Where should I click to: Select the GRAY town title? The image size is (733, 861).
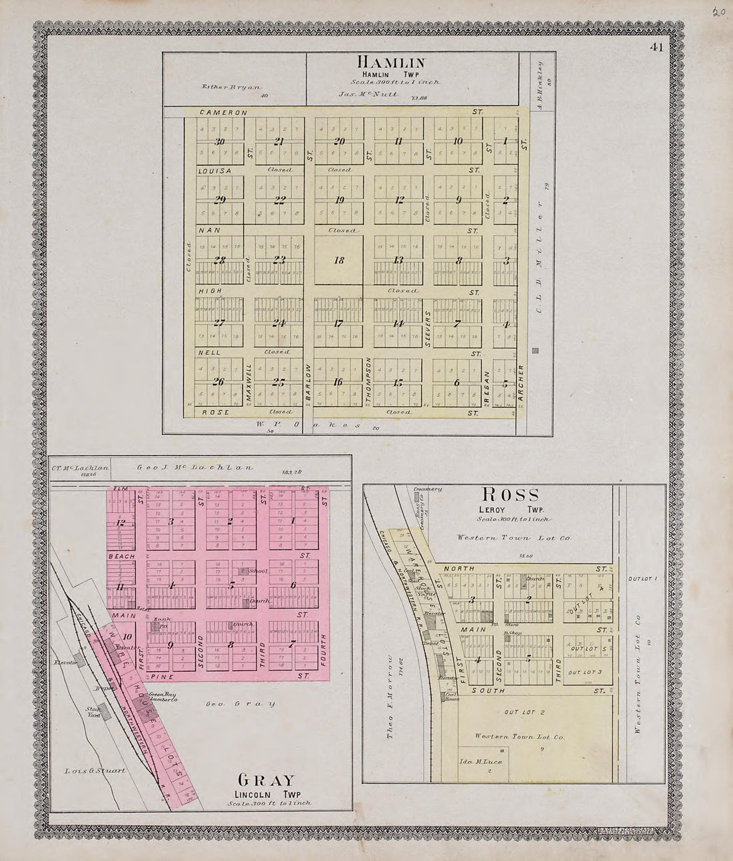265,780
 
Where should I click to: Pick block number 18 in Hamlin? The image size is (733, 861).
339,261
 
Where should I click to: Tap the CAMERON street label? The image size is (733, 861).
223,113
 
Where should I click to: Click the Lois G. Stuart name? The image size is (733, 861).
95,771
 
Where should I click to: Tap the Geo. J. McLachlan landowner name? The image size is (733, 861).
196,467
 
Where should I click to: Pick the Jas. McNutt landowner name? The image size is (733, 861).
368,95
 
